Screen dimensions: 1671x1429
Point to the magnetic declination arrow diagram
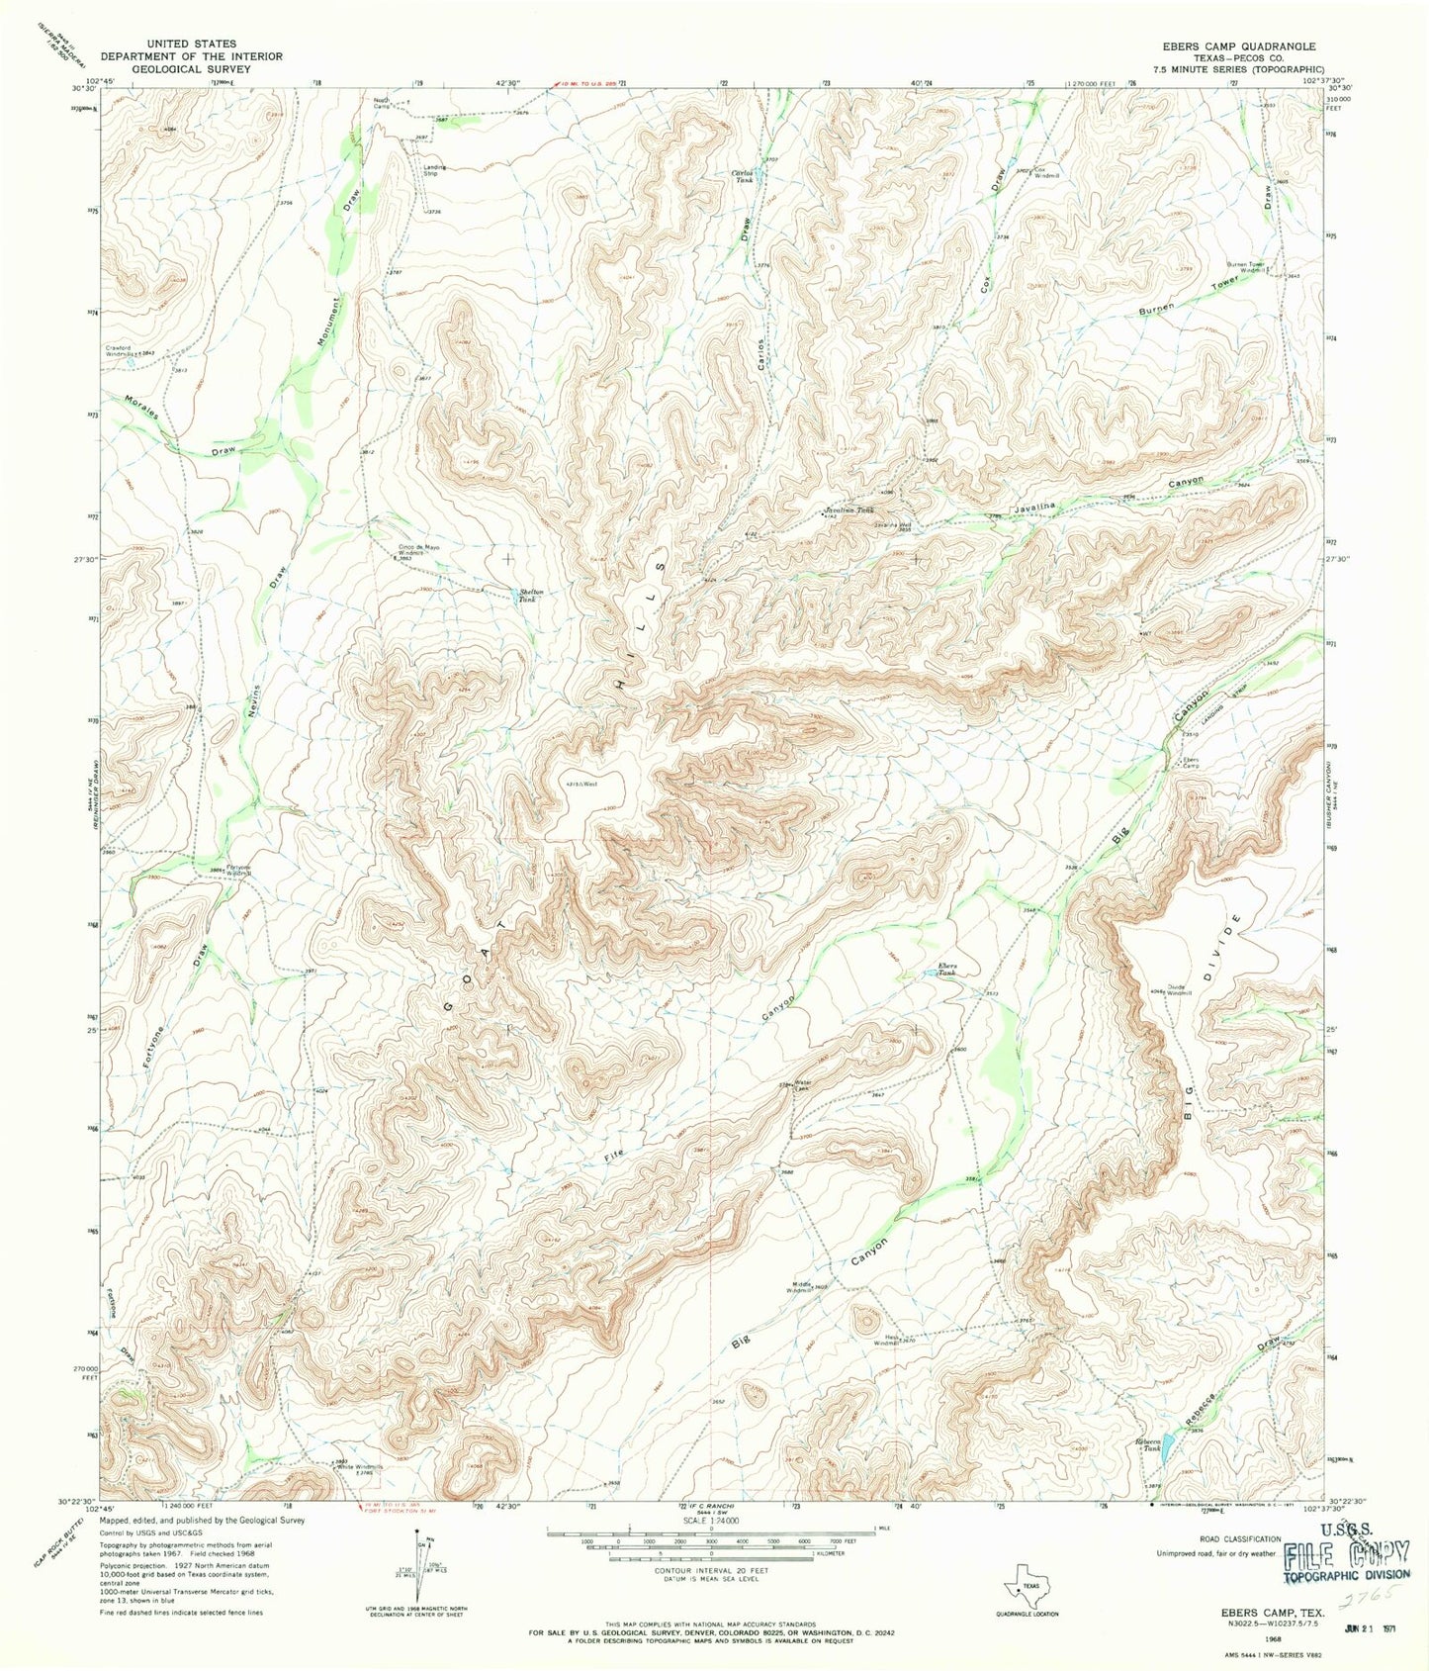coord(422,1569)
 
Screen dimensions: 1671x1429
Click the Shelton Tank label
coord(532,596)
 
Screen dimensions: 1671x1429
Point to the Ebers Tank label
coord(947,970)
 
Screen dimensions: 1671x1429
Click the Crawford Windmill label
coord(128,349)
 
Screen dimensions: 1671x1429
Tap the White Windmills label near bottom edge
coord(360,1467)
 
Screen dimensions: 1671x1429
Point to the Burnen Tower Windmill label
coord(1246,266)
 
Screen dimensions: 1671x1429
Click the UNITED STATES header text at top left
coord(192,44)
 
